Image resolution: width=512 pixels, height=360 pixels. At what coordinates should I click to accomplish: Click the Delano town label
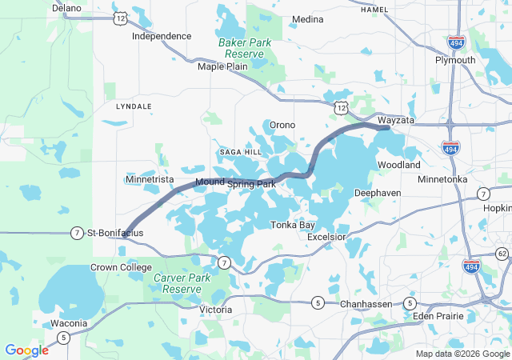tap(67, 7)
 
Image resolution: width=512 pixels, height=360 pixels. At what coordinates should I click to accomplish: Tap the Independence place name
tap(162, 36)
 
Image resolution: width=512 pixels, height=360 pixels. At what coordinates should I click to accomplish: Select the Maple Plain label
tap(222, 66)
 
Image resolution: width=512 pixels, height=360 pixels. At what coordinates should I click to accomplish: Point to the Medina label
tap(308, 18)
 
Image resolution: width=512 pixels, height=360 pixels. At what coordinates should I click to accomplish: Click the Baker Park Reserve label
tap(246, 47)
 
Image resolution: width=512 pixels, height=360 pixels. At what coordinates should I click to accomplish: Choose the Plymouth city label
tap(455, 60)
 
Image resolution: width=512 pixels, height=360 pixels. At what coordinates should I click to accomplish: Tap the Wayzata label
tap(397, 119)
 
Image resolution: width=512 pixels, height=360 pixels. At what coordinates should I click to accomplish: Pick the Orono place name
tap(282, 125)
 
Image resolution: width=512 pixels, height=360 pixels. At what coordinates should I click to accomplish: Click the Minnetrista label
tap(150, 179)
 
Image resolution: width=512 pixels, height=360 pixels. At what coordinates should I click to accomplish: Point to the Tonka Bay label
tap(292, 225)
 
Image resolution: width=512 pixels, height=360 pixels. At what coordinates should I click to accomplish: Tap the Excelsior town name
tap(326, 237)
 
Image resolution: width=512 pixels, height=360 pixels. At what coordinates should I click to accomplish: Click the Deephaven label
tap(378, 194)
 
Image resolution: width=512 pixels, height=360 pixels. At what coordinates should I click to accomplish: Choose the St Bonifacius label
tap(116, 232)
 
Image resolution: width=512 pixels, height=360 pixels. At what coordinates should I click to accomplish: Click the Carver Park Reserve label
tap(177, 283)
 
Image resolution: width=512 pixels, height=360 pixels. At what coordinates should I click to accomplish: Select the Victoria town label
tap(215, 309)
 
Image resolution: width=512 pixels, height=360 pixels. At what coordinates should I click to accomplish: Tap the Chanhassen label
tap(364, 303)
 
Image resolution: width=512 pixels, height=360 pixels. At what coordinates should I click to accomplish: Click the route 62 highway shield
tap(502, 254)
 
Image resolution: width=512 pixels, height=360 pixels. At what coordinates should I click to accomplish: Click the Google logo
tap(26, 350)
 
